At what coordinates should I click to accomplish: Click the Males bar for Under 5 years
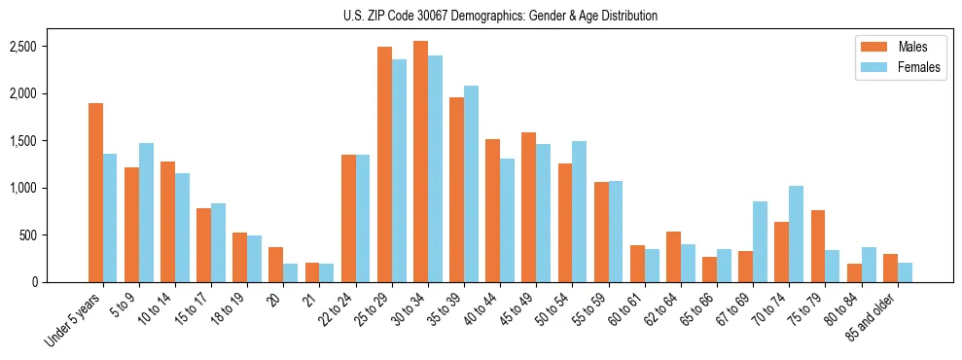pos(95,193)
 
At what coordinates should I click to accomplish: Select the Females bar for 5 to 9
pos(146,212)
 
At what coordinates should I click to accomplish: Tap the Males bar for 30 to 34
pos(420,162)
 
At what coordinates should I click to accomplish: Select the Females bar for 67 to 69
pos(760,241)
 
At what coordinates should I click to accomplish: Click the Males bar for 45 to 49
pos(528,207)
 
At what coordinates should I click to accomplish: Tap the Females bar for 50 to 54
pos(579,211)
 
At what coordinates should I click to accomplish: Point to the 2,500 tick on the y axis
pos(51,47)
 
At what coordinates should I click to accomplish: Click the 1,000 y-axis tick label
pos(51,188)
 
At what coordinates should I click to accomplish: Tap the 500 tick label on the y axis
pos(56,235)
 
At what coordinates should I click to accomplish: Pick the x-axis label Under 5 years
pos(72,320)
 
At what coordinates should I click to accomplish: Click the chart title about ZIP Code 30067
pos(500,16)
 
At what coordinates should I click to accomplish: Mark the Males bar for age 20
pos(276,265)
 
